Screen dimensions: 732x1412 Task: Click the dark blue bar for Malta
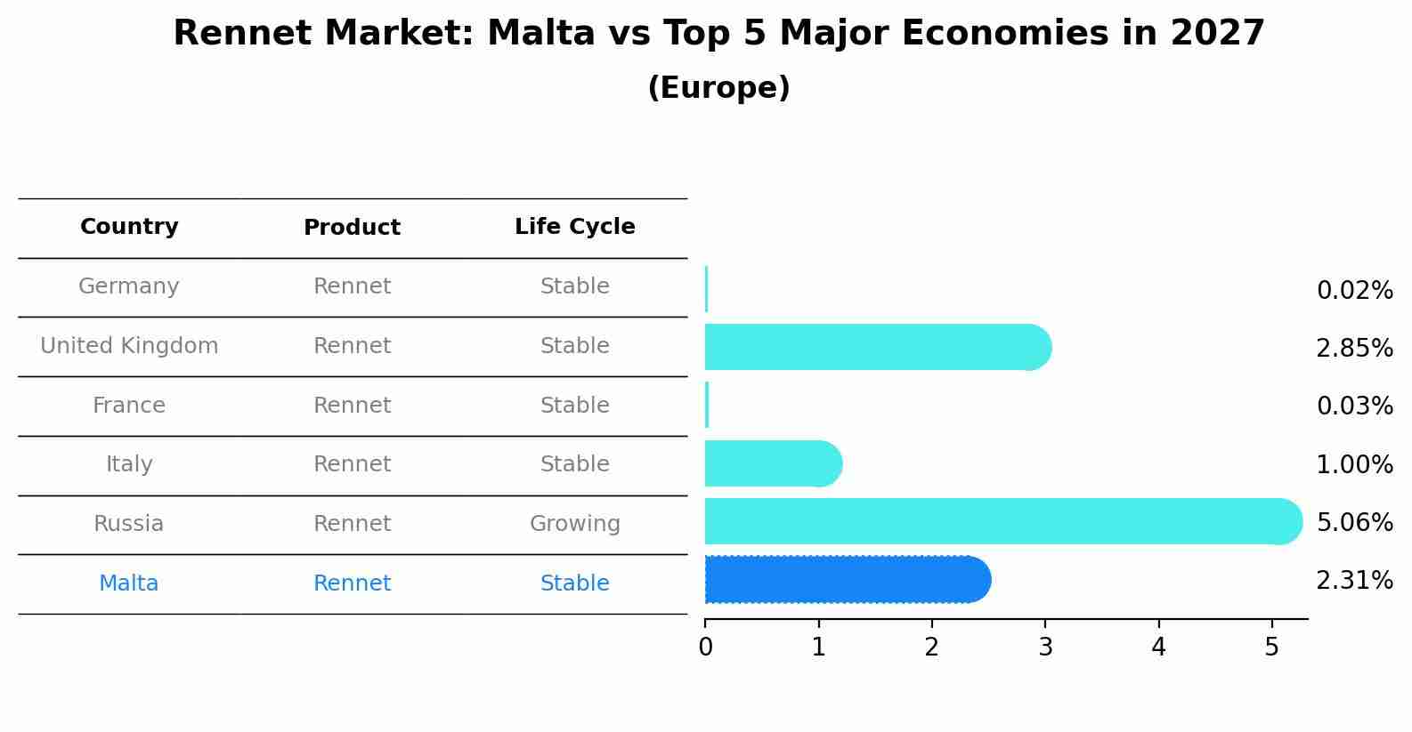[x=846, y=580]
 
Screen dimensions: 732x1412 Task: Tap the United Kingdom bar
[x=877, y=347]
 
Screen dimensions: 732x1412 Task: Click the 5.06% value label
[x=1354, y=522]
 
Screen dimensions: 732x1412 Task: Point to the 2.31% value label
[x=1354, y=581]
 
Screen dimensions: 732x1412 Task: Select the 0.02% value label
[x=1354, y=291]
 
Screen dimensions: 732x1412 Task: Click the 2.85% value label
[x=1354, y=348]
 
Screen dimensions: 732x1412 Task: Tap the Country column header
[x=129, y=227]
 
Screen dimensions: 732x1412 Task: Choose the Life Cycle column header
[x=574, y=227]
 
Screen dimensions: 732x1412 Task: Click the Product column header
[x=352, y=228]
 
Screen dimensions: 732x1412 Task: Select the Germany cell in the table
[x=129, y=286]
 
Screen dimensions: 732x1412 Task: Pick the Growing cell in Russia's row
[x=574, y=524]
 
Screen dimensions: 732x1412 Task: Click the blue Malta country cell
[x=129, y=583]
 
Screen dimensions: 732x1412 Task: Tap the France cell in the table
[x=129, y=406]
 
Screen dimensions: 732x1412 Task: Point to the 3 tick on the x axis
[x=1045, y=648]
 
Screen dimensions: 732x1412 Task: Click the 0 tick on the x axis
[x=706, y=648]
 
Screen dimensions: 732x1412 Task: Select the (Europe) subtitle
[x=718, y=88]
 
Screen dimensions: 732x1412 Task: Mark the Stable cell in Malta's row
[x=574, y=583]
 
